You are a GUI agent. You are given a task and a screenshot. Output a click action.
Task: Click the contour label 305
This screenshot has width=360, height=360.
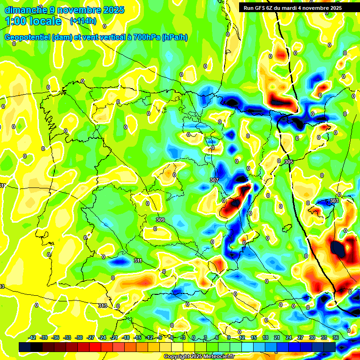(x=288, y=162)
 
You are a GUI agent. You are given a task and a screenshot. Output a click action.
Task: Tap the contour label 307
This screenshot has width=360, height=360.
(x=214, y=180)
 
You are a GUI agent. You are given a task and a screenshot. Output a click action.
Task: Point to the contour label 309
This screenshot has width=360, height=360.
(x=160, y=220)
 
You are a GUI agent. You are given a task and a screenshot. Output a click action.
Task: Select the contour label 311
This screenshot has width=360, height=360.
(x=138, y=261)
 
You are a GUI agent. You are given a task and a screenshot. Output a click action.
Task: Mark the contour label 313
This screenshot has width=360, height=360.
(x=103, y=306)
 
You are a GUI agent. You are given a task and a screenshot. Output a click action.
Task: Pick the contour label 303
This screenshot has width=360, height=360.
(x=334, y=201)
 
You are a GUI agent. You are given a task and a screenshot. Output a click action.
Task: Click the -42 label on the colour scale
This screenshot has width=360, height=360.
(x=32, y=337)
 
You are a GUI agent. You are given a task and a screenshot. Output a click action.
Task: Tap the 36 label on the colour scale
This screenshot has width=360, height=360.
(x=335, y=337)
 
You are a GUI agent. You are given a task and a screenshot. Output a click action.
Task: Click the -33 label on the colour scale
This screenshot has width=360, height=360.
(x=67, y=337)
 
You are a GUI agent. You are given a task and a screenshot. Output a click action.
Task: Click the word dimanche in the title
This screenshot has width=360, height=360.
(x=26, y=10)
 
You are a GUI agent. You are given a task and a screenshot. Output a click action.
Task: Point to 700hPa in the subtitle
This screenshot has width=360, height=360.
(x=145, y=37)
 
